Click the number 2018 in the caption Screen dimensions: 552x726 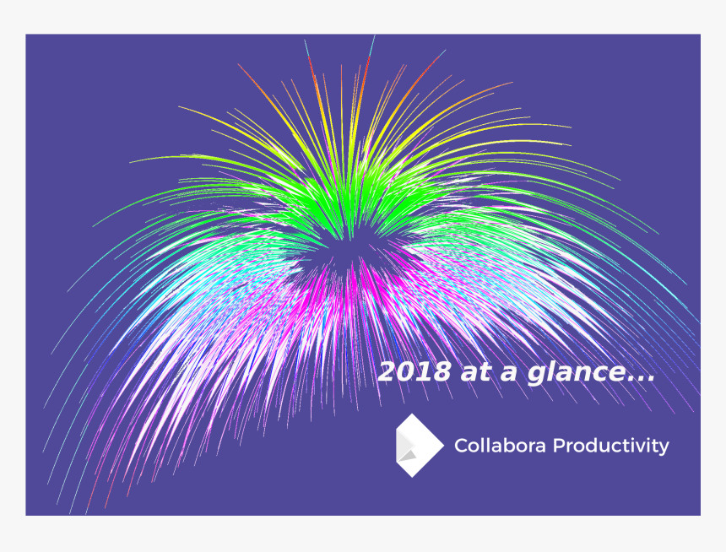coord(414,372)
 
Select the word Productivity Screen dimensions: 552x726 coord(610,446)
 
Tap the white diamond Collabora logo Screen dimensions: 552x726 coord(419,445)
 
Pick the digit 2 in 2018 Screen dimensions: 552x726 coord(387,372)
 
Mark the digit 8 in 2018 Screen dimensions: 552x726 coord(441,372)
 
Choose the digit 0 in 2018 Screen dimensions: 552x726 coord(405,372)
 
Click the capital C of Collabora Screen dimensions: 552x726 coord(461,446)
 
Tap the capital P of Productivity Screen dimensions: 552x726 coord(558,446)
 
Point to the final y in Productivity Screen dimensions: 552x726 coord(664,448)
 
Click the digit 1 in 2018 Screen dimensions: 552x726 coord(423,372)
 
